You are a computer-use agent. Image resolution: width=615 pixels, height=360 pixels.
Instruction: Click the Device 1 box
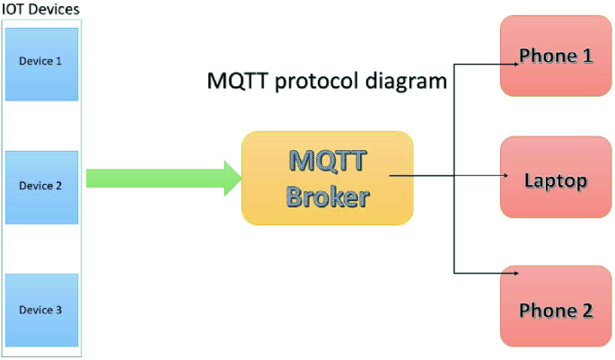[x=41, y=64]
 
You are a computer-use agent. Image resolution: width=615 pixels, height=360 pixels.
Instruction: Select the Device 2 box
[x=41, y=188]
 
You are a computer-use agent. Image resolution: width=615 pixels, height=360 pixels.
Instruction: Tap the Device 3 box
[x=41, y=311]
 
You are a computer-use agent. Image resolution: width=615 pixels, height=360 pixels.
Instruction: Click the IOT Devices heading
[x=40, y=9]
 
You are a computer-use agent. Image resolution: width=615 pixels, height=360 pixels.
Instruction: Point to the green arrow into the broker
[x=163, y=178]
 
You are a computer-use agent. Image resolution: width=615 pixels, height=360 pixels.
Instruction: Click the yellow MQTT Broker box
[x=328, y=178]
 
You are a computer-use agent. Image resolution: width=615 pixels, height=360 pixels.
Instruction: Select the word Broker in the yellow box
[x=328, y=197]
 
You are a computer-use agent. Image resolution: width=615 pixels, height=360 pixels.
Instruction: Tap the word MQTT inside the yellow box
[x=328, y=161]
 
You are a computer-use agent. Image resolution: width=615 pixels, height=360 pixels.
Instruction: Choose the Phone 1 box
[x=556, y=56]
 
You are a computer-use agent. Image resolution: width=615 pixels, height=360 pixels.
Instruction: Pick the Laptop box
[x=556, y=177]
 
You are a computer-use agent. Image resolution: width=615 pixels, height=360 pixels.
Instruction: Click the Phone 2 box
[x=556, y=306]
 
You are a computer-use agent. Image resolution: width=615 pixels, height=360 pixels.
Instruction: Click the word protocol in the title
[x=316, y=82]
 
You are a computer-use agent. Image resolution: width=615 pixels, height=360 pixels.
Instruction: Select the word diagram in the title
[x=406, y=82]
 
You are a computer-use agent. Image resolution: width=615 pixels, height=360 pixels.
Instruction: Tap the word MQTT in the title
[x=238, y=81]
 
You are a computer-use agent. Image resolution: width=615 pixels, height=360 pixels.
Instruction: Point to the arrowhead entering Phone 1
[x=516, y=64]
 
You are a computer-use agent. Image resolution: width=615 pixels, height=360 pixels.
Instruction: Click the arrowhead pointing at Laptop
[x=506, y=175]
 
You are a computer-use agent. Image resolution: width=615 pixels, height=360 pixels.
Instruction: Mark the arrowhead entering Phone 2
[x=516, y=273]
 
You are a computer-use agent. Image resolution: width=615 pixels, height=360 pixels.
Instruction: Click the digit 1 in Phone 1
[x=587, y=56]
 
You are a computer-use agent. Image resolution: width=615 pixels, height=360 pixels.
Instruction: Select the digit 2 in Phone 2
[x=587, y=311]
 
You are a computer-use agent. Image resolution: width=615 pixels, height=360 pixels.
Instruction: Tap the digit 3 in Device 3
[x=58, y=310]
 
